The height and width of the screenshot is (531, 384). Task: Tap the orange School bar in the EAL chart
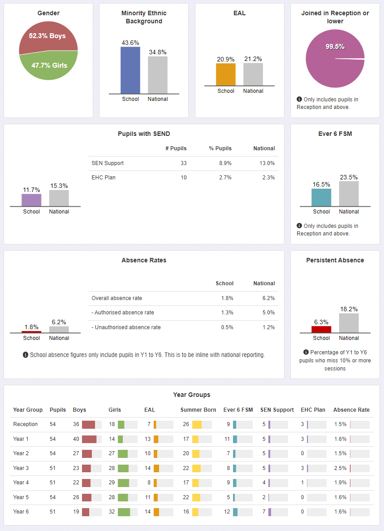coord(226,74)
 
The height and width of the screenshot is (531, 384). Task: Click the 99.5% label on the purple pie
coord(335,47)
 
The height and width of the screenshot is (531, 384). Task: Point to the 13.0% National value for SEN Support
coord(268,163)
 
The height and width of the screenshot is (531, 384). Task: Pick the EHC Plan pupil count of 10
coord(183,178)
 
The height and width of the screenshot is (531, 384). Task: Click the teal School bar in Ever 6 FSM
coord(321,197)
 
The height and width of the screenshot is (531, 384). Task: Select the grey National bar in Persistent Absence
coord(349,323)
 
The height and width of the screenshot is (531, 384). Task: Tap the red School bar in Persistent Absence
coord(321,329)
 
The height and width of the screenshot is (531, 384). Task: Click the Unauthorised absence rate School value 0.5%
coord(227,327)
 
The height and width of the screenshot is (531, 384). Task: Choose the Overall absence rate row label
coord(116,298)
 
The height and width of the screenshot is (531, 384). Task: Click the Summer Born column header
coord(198,410)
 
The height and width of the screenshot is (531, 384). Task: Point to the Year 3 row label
coord(21,468)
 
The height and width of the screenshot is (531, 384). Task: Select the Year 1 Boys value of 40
coord(76,439)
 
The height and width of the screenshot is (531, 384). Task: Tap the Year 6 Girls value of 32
coord(112,512)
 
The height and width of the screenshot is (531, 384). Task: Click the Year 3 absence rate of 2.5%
coord(340,468)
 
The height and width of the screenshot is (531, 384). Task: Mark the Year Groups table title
coord(192,395)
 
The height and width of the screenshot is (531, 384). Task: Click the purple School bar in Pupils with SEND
coord(32,200)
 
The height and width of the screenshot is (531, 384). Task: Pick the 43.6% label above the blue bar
coord(130,43)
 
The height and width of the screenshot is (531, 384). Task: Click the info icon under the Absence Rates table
coord(26,355)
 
